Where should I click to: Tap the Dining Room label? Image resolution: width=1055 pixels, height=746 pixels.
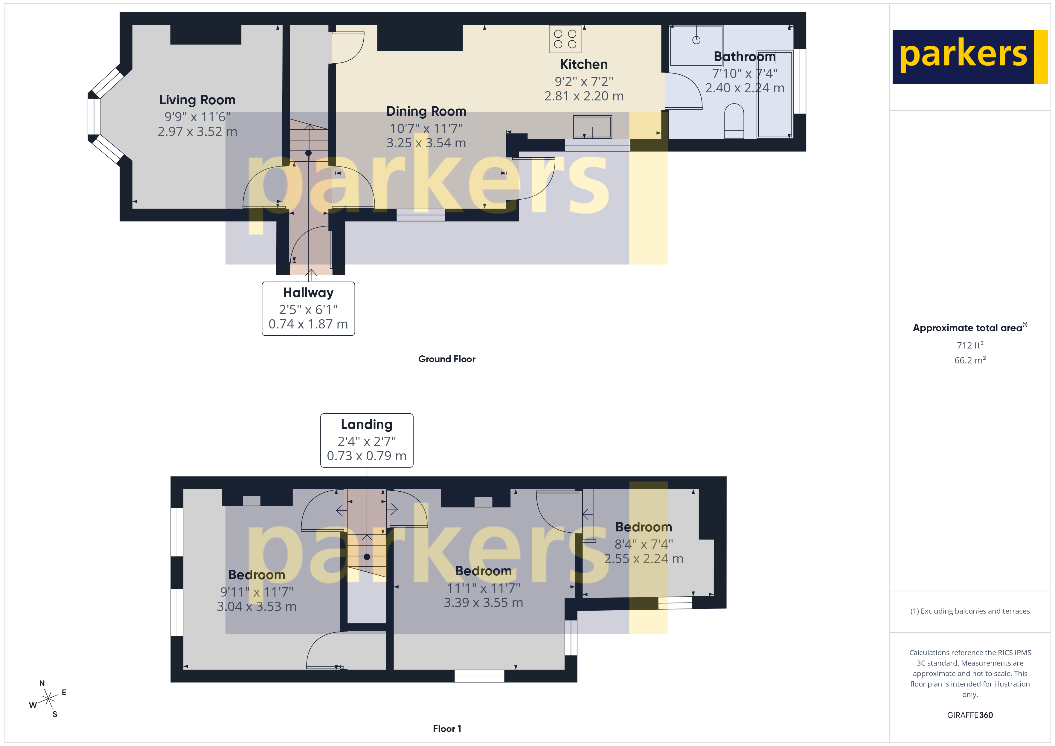(x=426, y=111)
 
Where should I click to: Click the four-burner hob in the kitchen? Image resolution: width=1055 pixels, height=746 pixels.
(x=565, y=39)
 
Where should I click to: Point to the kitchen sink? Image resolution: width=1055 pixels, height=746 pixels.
(x=592, y=127)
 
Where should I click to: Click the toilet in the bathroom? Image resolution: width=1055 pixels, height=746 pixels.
(x=734, y=120)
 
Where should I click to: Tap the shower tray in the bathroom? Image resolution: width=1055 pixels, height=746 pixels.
(x=696, y=46)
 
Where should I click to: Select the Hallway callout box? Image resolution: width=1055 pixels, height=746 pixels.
(x=308, y=309)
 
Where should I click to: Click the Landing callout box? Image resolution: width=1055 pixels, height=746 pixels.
(x=366, y=440)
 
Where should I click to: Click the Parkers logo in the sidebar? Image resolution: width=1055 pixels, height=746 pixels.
(x=969, y=57)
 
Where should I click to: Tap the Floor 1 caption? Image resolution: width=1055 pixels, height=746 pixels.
(x=447, y=729)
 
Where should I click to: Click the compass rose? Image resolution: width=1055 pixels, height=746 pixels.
(x=48, y=699)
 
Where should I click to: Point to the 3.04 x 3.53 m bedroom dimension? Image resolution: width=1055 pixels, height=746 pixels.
(x=256, y=607)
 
